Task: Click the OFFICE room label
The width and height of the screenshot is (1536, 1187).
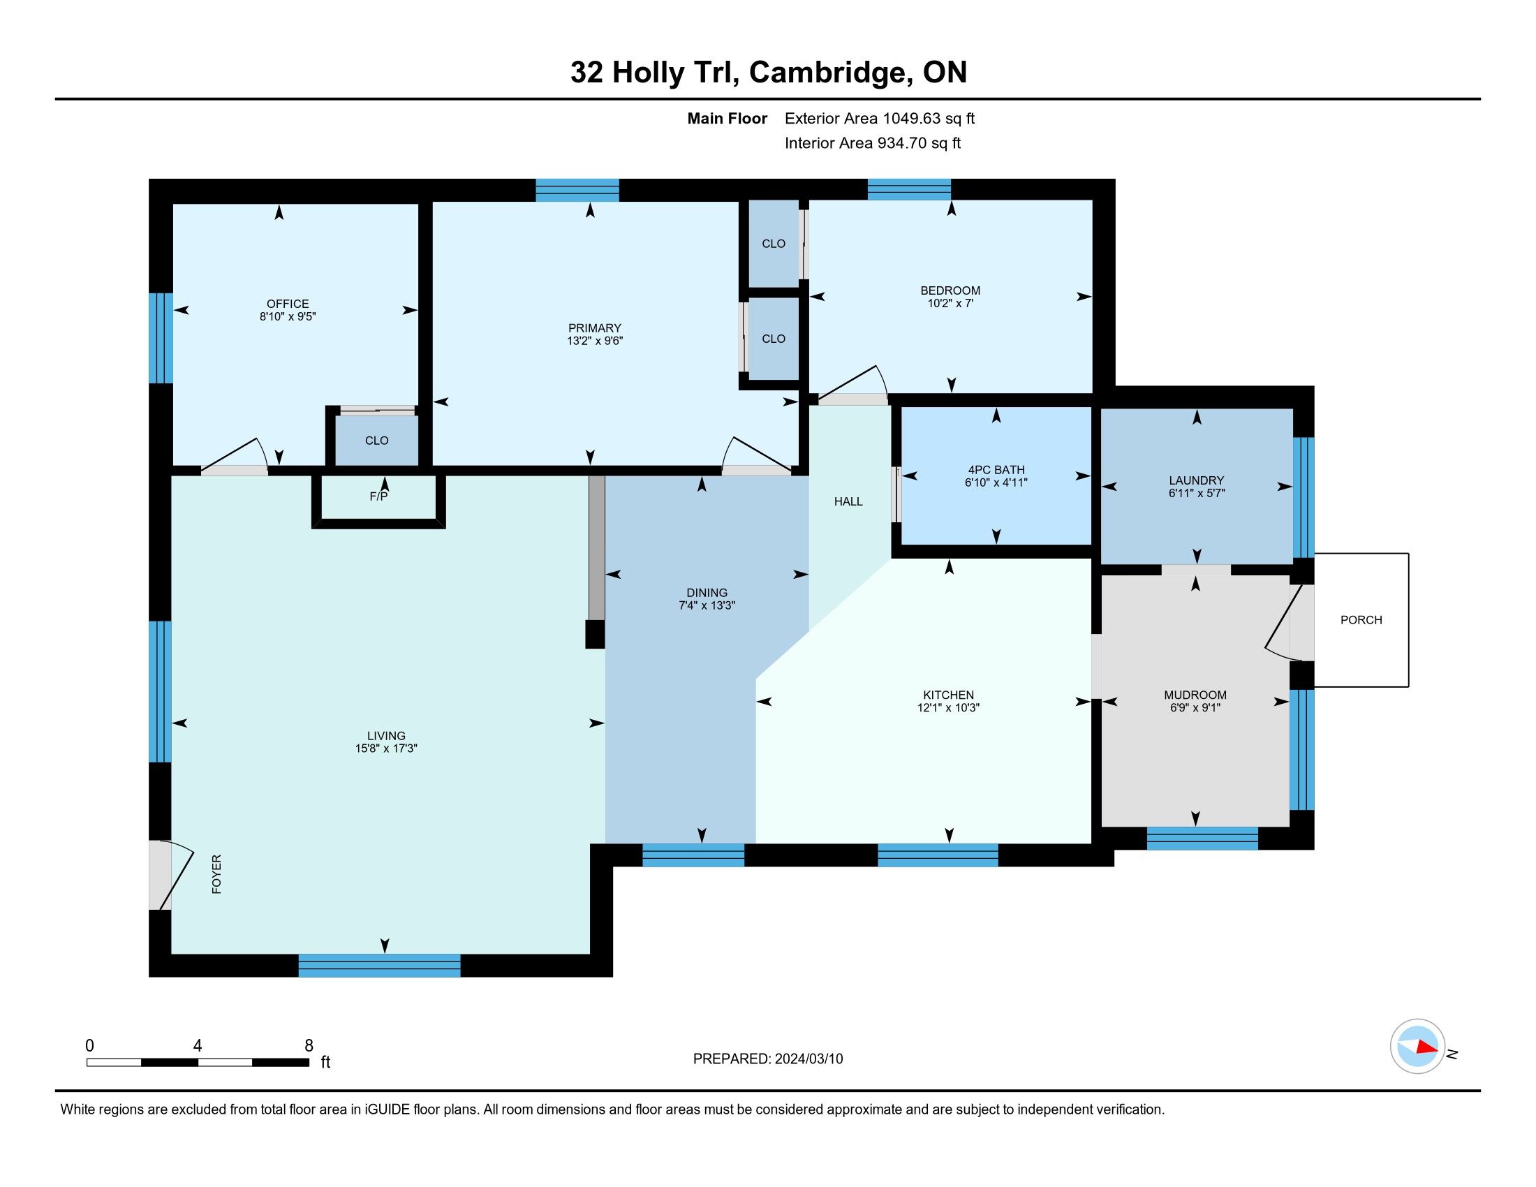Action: (288, 304)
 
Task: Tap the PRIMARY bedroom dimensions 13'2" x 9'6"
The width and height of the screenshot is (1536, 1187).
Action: (595, 341)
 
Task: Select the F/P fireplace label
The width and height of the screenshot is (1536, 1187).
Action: (378, 496)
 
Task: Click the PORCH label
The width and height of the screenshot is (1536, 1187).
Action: (1361, 619)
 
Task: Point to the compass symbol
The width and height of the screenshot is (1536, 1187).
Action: (1417, 1046)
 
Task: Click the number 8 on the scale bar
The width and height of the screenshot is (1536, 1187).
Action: (309, 1046)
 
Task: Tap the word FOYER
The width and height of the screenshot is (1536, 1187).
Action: (216, 874)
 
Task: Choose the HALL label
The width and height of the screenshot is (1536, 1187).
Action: (848, 501)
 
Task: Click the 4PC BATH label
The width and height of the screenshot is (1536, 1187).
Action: (996, 470)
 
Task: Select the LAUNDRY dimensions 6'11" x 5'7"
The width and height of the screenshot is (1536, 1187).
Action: (1196, 493)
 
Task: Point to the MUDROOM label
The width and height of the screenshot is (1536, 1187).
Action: (1195, 695)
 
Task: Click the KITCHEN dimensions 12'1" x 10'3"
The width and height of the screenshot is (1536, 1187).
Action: (948, 707)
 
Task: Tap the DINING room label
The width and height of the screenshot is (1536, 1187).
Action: (707, 593)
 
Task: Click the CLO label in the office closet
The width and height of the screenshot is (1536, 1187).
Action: (376, 440)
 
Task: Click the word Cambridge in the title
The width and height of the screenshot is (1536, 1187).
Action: (828, 73)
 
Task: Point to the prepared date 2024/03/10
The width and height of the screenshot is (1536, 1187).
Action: (808, 1059)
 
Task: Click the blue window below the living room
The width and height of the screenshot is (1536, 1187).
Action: (379, 966)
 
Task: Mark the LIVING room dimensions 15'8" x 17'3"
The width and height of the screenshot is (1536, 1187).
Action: (386, 749)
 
